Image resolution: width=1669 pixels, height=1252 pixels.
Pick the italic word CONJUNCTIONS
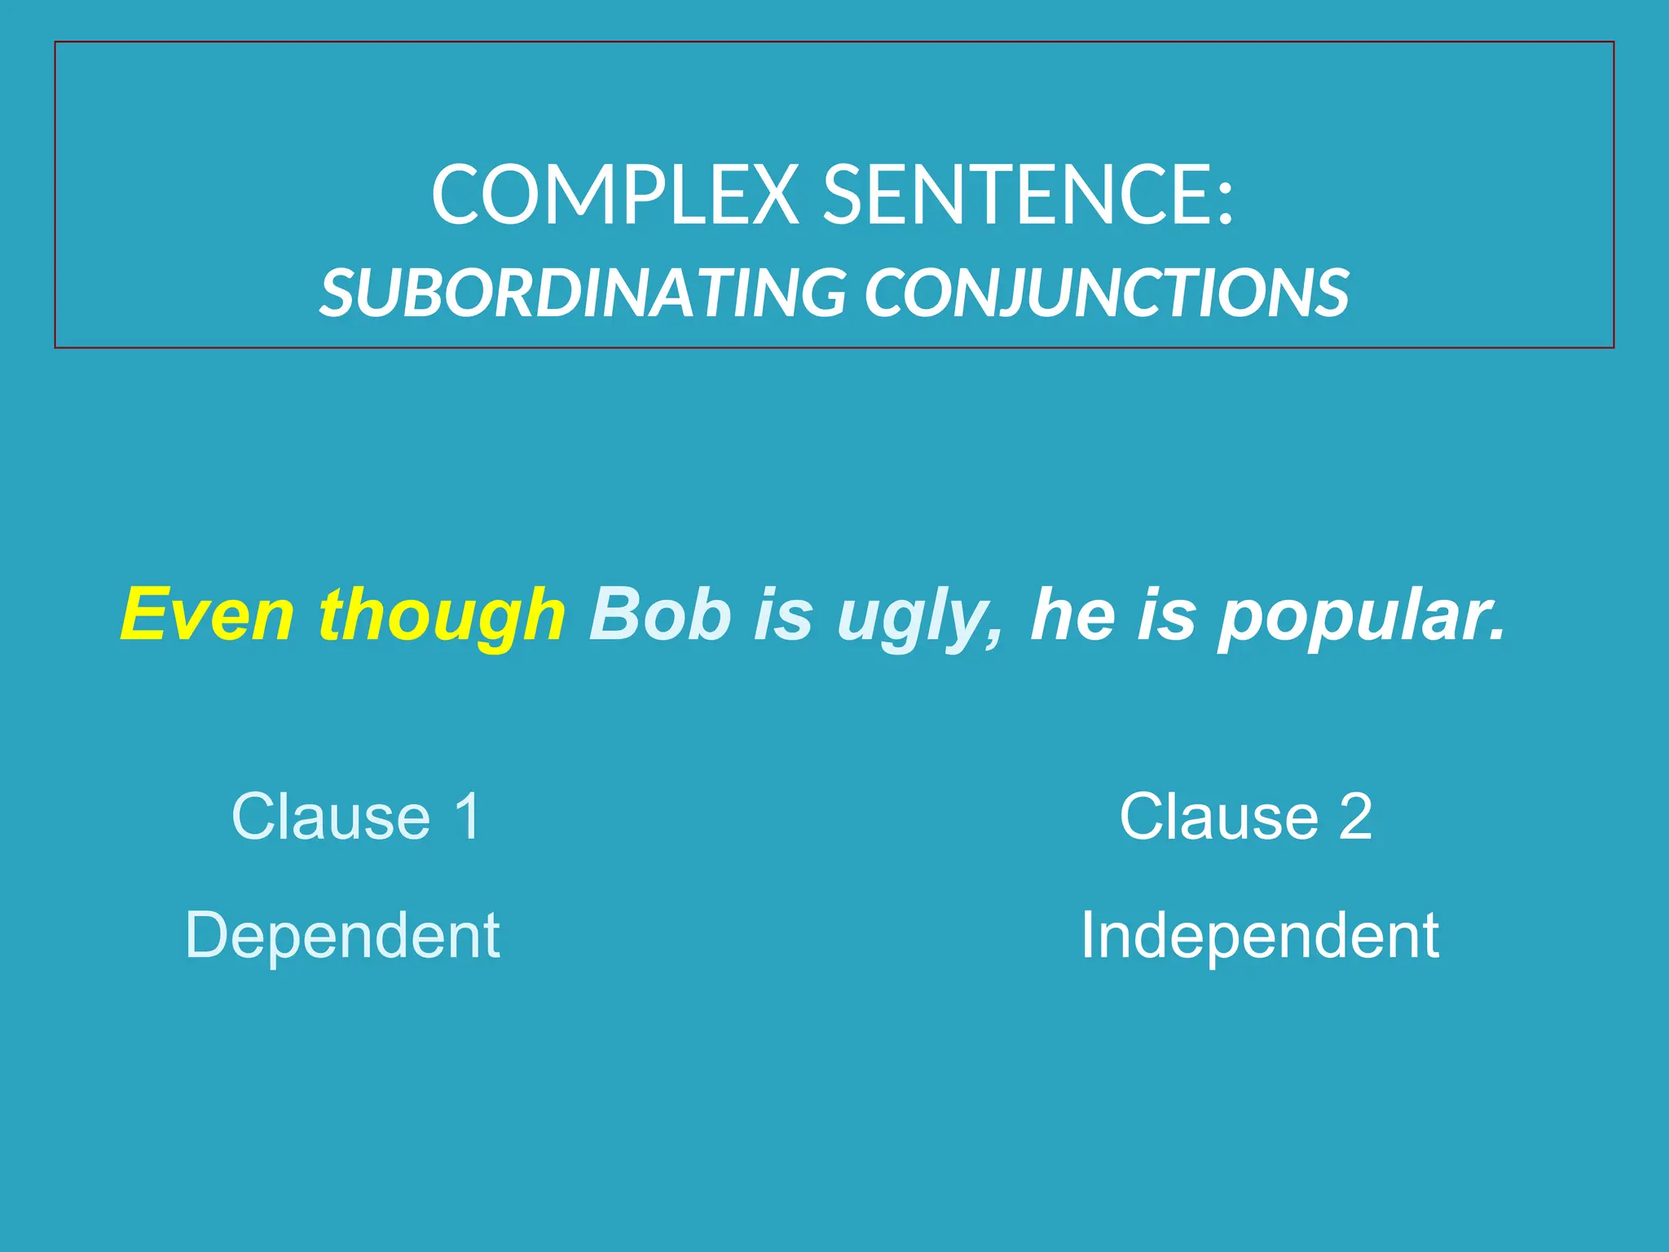pyautogui.click(x=1107, y=293)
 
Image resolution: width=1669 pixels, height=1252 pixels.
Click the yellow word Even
pyautogui.click(x=207, y=615)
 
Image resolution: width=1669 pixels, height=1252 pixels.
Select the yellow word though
pyautogui.click(x=442, y=616)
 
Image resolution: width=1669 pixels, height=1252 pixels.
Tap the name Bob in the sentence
pyautogui.click(x=660, y=615)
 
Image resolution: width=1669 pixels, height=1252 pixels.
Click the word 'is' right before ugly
pyautogui.click(x=783, y=615)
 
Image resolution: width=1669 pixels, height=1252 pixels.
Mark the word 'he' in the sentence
pyautogui.click(x=1072, y=615)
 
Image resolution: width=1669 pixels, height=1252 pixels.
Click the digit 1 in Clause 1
pyautogui.click(x=468, y=816)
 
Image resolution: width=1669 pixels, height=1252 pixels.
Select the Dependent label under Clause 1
pyautogui.click(x=342, y=936)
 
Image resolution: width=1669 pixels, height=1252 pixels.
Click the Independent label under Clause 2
pyautogui.click(x=1260, y=936)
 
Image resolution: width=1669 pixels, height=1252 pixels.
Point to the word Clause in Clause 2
pyautogui.click(x=1219, y=816)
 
